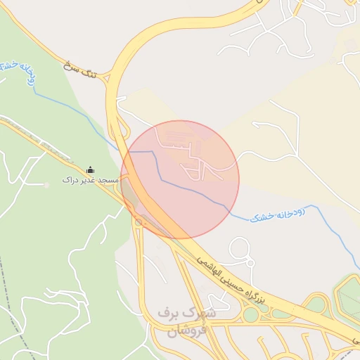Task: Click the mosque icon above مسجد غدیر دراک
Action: pos(90,169)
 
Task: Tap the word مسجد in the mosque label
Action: pos(107,181)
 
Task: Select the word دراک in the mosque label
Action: pos(69,181)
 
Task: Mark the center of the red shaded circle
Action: pos(180,180)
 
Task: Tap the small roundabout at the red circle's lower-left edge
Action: pos(139,222)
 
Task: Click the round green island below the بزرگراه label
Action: pos(251,315)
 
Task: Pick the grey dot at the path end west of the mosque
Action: pos(46,184)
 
